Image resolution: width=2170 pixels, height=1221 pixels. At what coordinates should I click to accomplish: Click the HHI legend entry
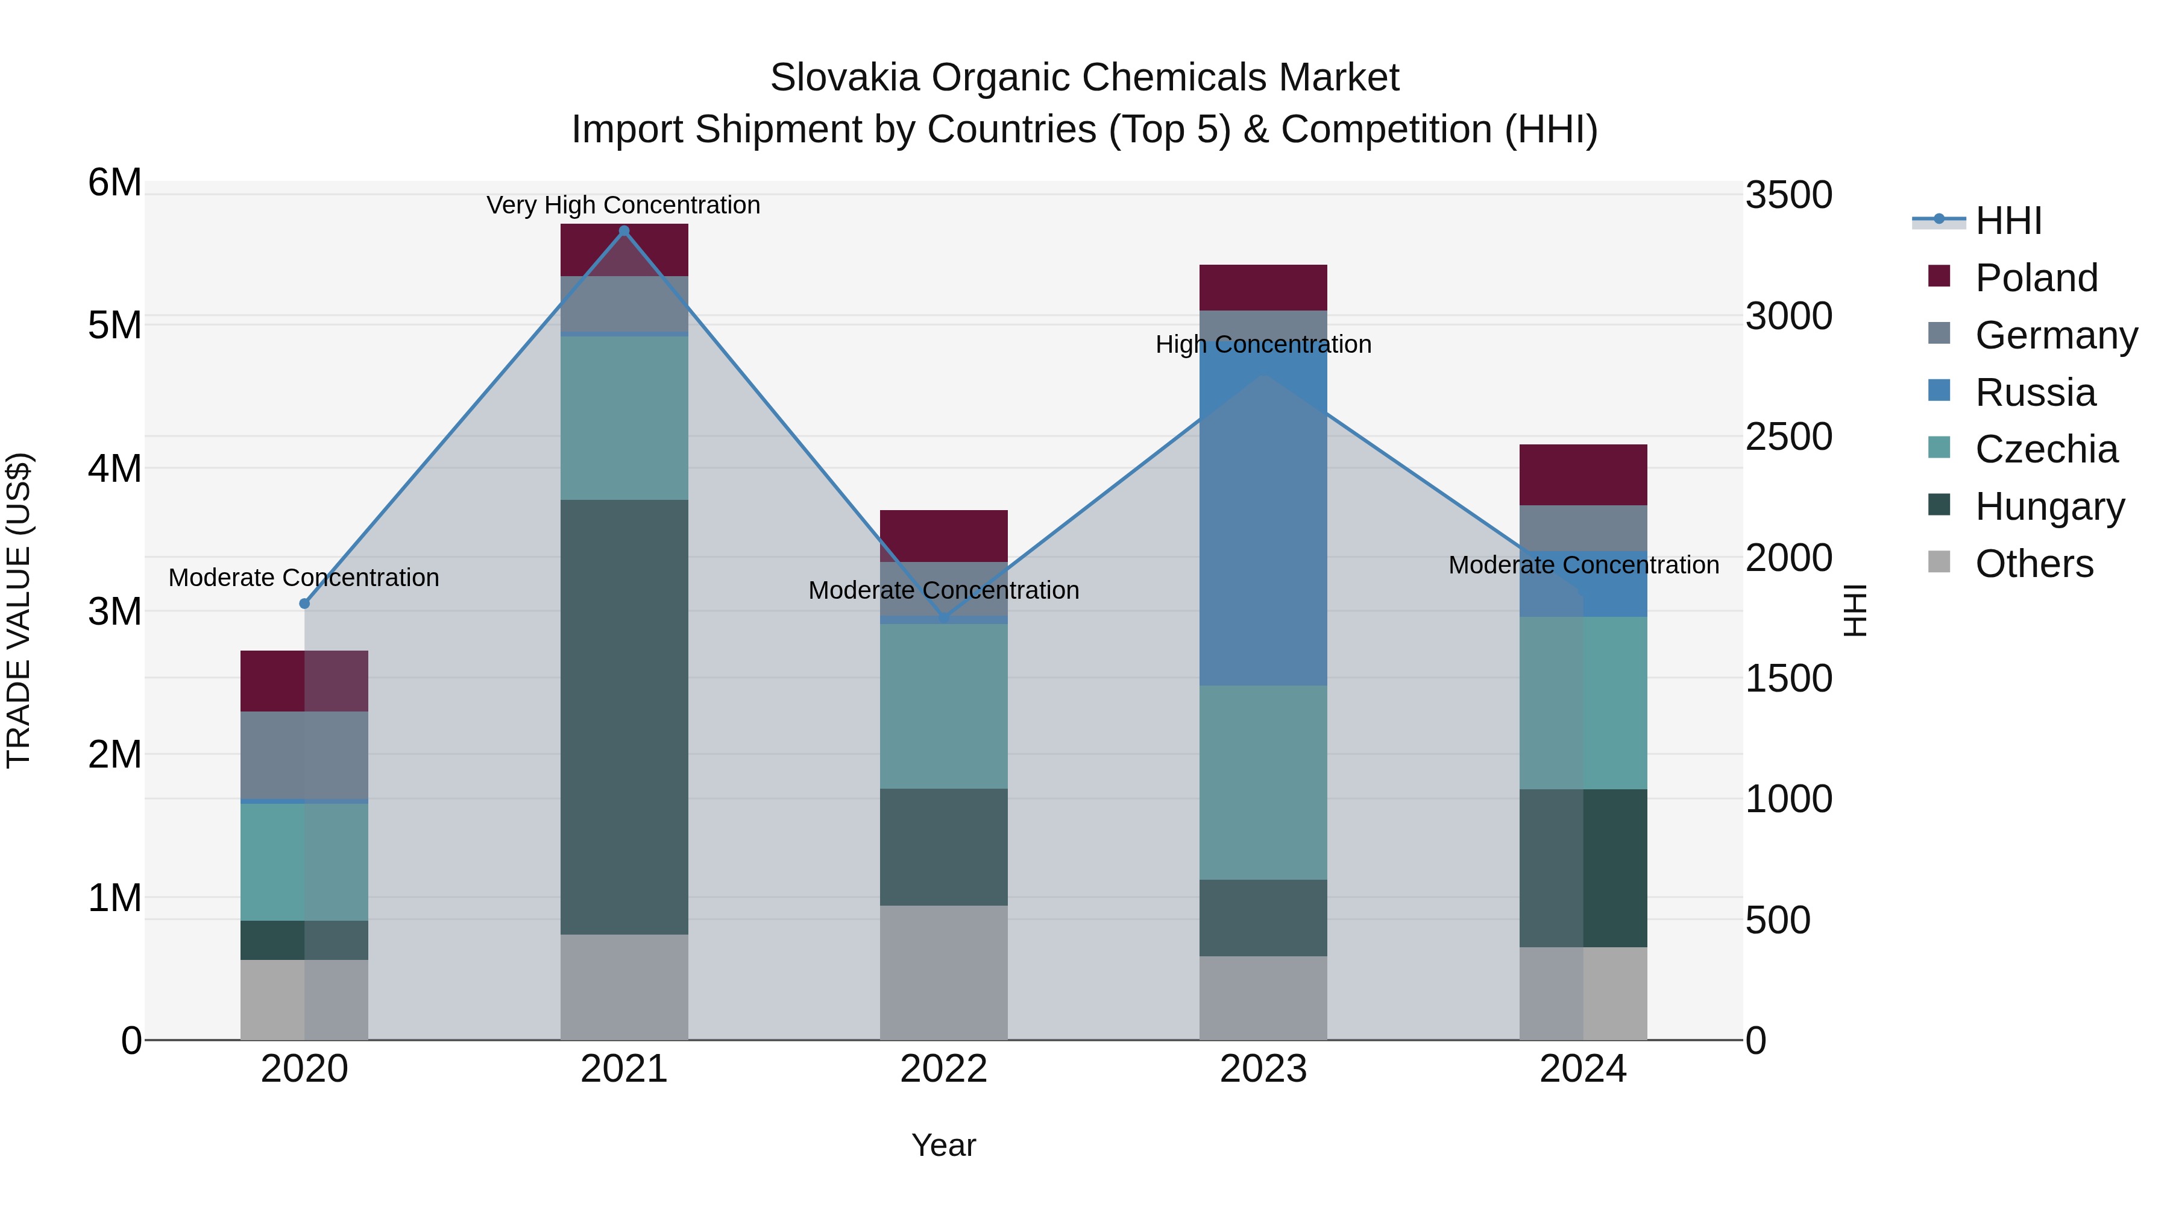(x=2008, y=221)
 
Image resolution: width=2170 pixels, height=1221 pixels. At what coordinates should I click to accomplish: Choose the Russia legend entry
(x=2034, y=393)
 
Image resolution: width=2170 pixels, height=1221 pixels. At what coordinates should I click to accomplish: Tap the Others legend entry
(x=2034, y=564)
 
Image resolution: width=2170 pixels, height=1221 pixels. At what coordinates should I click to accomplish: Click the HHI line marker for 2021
(x=624, y=231)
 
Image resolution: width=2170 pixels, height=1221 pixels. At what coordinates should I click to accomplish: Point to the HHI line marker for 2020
(x=305, y=604)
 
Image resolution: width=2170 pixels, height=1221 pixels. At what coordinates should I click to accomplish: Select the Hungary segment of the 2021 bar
(x=624, y=716)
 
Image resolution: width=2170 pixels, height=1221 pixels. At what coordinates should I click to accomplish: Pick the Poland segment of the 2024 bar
(x=1583, y=475)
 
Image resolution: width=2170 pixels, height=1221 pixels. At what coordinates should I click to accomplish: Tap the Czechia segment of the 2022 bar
(x=943, y=706)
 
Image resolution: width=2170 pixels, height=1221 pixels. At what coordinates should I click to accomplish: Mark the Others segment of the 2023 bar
(x=1263, y=998)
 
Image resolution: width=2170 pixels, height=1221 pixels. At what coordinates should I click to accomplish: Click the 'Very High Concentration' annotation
(x=623, y=206)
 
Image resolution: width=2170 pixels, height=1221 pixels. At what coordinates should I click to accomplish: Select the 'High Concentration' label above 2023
(x=1263, y=345)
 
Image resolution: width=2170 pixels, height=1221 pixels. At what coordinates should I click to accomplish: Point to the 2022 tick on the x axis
(x=943, y=1069)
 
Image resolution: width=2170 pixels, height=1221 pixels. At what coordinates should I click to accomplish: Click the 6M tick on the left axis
(x=115, y=183)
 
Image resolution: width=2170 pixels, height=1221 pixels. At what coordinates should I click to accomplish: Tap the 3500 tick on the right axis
(x=1788, y=195)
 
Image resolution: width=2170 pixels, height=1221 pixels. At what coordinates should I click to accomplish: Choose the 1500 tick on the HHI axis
(x=1788, y=678)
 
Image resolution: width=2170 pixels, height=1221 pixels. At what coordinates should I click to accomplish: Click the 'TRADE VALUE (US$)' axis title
(x=19, y=610)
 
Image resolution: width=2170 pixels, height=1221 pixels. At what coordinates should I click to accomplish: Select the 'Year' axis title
(x=943, y=1145)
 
